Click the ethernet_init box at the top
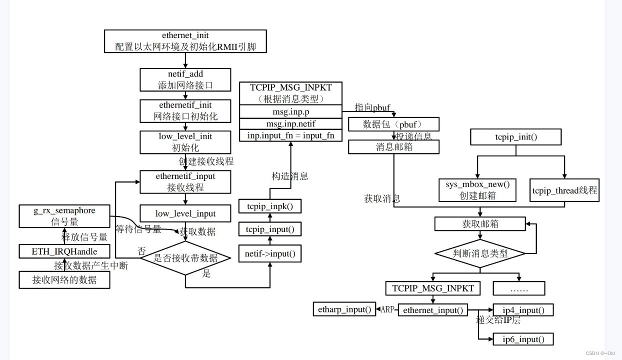coord(185,41)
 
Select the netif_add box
coord(185,79)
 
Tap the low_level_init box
coord(185,142)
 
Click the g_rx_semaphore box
coord(64,216)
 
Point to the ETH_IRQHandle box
coord(64,251)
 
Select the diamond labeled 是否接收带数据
coord(185,258)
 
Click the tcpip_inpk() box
coord(270,205)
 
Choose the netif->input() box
coord(270,253)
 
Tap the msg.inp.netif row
coord(290,123)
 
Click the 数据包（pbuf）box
coord(393,124)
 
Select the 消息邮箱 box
coord(393,146)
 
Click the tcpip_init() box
coord(515,137)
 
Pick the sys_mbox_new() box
coord(477,190)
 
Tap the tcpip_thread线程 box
coord(564,190)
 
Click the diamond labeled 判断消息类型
coord(480,253)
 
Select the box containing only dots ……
coord(519,288)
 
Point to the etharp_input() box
coord(345,309)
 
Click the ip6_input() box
coord(523,339)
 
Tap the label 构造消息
coord(290,176)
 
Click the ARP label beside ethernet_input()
coord(387,309)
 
